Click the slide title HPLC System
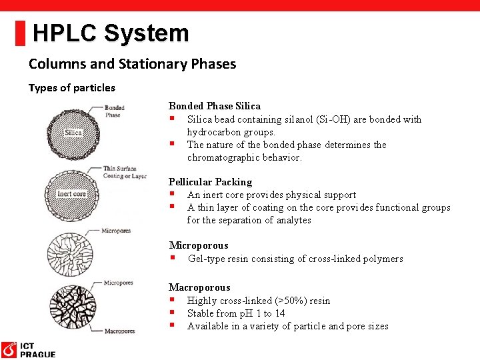(x=111, y=33)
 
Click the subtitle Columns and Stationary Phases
(x=132, y=64)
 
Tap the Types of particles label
(x=71, y=87)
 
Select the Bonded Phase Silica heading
(x=214, y=106)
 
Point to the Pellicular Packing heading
(x=210, y=182)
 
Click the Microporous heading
(x=198, y=245)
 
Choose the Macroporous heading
(x=199, y=287)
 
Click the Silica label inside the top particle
(x=73, y=133)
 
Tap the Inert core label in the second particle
(x=71, y=194)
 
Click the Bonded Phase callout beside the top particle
(x=114, y=111)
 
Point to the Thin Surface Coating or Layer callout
(x=124, y=172)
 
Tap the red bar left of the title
(x=21, y=33)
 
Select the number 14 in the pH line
(x=279, y=313)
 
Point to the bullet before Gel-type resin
(x=172, y=258)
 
